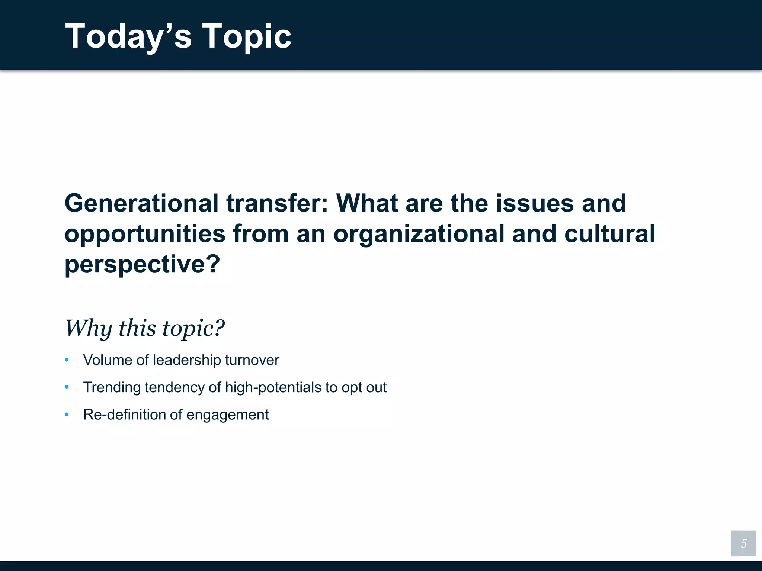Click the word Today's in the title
click(128, 36)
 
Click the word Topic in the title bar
click(246, 36)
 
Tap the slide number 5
click(743, 543)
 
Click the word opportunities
click(145, 234)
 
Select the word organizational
click(419, 234)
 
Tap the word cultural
click(609, 234)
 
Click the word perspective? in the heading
click(143, 264)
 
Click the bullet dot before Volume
click(67, 360)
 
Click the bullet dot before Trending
click(67, 387)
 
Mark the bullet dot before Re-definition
click(67, 414)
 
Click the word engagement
click(227, 414)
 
